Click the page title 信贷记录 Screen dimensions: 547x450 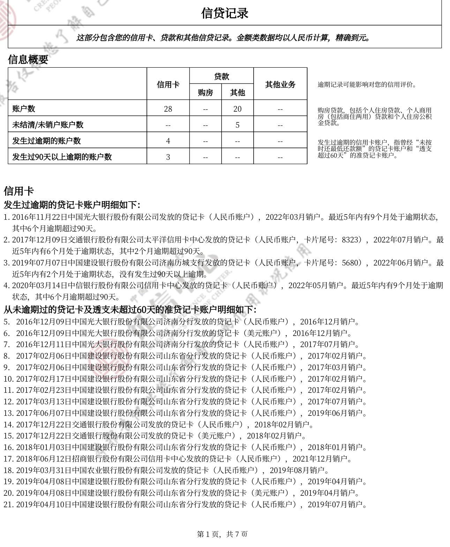(x=225, y=13)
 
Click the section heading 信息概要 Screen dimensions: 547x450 (x=28, y=60)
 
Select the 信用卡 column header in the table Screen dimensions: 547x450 (x=168, y=84)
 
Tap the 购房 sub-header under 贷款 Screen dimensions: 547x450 (x=205, y=92)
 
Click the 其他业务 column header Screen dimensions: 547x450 (x=280, y=84)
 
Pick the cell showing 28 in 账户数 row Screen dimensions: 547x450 (x=168, y=109)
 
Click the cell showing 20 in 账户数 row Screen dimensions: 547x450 (x=237, y=109)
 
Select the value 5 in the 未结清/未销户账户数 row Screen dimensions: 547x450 (x=237, y=125)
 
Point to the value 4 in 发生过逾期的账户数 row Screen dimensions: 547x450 (x=168, y=141)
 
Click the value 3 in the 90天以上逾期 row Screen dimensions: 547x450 (x=168, y=157)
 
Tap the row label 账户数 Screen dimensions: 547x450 (x=24, y=108)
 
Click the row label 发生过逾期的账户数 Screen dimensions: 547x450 (x=46, y=141)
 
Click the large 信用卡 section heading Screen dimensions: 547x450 (x=18, y=191)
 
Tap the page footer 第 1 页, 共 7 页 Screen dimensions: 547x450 (x=223, y=534)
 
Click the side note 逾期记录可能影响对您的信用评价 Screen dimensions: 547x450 (x=367, y=84)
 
